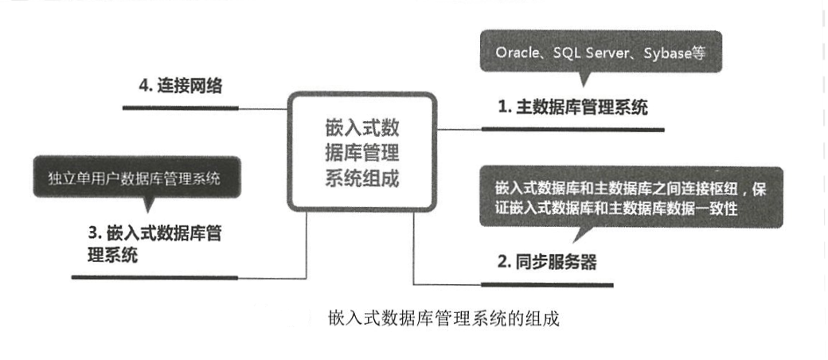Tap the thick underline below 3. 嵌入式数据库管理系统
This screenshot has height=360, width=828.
tap(154, 277)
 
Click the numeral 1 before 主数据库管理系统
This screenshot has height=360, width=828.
tap(502, 107)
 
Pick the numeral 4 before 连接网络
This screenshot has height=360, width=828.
tap(143, 85)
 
